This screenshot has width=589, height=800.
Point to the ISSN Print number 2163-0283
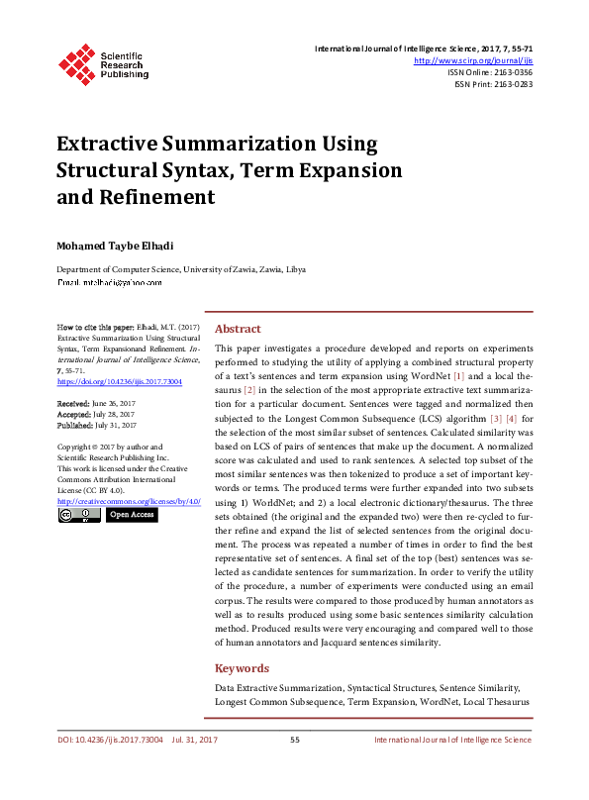508,84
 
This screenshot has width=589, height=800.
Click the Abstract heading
238,329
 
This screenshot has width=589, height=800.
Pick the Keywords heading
242,668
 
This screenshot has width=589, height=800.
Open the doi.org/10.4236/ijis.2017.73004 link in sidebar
119,381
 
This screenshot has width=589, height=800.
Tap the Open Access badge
132,515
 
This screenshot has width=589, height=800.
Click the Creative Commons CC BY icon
78,515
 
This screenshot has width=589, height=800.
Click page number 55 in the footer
294,741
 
